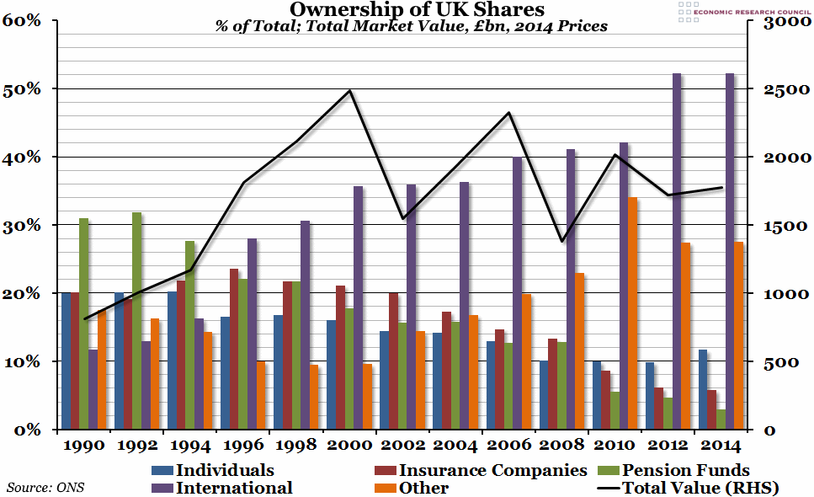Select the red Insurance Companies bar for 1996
234,349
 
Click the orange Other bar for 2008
580,350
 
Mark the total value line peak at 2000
350,90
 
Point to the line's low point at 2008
562,242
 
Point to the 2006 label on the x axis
508,445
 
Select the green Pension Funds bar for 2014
721,420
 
